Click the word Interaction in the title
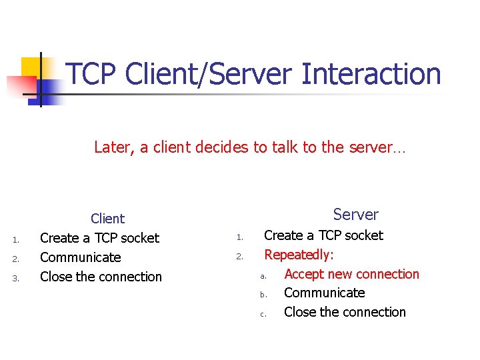371,74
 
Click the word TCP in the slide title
92,74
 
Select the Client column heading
107,219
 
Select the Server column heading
355,215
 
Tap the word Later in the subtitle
114,147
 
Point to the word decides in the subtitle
224,147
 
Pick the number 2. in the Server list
241,256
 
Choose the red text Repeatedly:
299,255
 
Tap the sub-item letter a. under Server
263,275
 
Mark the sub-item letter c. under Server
263,313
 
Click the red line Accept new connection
351,274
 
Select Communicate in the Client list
81,257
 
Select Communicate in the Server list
324,293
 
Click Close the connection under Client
101,277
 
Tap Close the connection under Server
345,312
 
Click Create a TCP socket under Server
323,235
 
